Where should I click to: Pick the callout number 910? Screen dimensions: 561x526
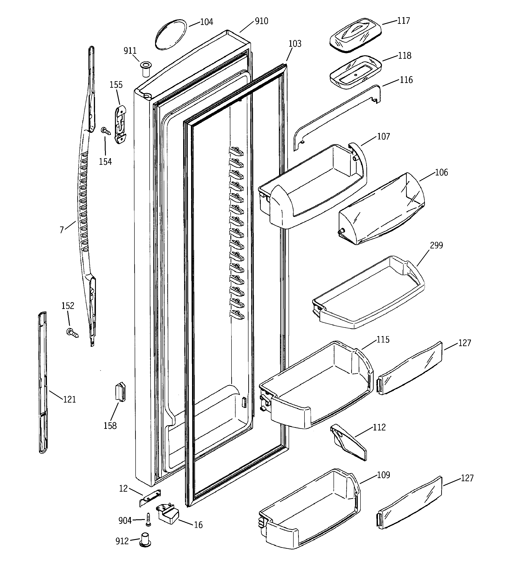261,21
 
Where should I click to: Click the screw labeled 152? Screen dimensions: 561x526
72,333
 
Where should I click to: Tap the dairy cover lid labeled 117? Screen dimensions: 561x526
355,35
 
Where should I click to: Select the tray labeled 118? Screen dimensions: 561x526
355,72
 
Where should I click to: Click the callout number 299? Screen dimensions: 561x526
436,245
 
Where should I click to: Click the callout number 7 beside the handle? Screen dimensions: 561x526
61,230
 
